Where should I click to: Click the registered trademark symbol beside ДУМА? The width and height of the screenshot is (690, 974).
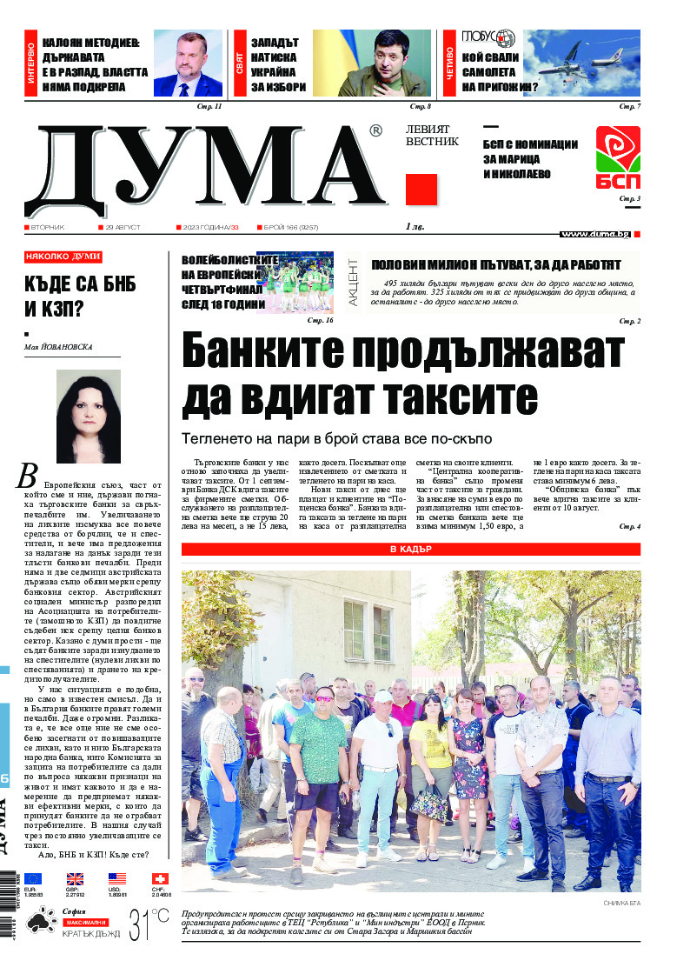(x=375, y=131)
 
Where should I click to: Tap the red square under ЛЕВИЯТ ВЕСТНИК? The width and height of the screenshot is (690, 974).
(x=421, y=190)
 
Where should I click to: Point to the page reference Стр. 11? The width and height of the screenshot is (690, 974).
(x=212, y=106)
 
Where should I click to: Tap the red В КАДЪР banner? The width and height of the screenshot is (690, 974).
(x=411, y=550)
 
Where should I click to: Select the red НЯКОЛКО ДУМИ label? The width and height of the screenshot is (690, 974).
(x=63, y=257)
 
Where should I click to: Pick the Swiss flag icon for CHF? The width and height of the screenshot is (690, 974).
(x=159, y=879)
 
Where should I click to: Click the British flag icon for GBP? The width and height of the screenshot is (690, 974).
(x=76, y=879)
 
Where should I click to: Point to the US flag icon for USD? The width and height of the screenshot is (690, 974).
(x=117, y=879)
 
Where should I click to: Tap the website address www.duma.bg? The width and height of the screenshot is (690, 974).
(x=594, y=234)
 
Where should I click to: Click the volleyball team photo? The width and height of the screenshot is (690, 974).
(x=300, y=283)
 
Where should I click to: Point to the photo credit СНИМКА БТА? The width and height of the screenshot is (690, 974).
(x=621, y=904)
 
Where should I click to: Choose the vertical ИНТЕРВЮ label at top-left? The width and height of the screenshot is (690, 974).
(x=31, y=64)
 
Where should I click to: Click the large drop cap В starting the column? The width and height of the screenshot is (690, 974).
(x=28, y=475)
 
